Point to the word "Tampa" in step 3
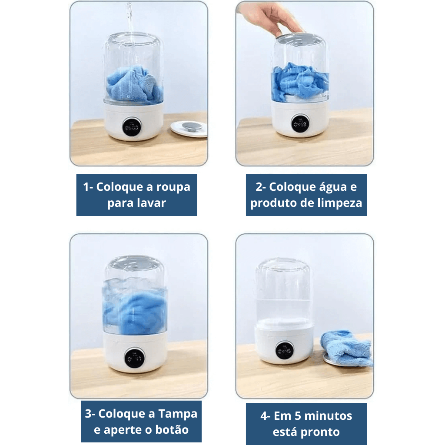coord(178,414)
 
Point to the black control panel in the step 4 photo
coord(284,350)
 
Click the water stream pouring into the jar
coord(129,22)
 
